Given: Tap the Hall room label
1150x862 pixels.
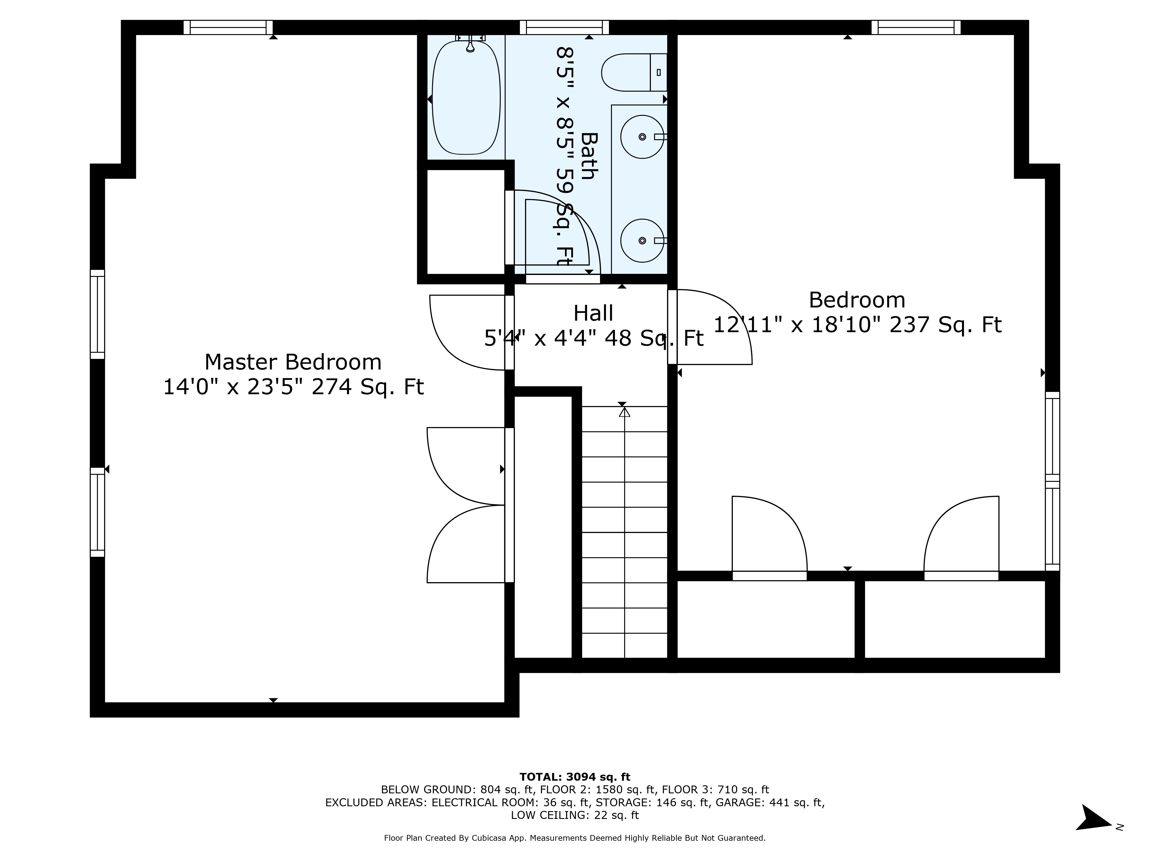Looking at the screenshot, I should (x=593, y=313).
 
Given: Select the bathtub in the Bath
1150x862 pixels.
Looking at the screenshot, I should (x=466, y=98).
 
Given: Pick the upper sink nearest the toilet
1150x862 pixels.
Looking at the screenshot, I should (x=642, y=137).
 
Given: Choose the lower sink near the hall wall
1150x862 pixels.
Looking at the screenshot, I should (x=642, y=240).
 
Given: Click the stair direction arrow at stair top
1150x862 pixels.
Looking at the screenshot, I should (x=624, y=412).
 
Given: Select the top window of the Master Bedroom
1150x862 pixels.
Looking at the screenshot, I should (x=228, y=27).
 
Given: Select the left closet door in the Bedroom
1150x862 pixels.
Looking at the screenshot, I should (x=769, y=535).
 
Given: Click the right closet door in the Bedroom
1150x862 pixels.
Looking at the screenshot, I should (x=961, y=535).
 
